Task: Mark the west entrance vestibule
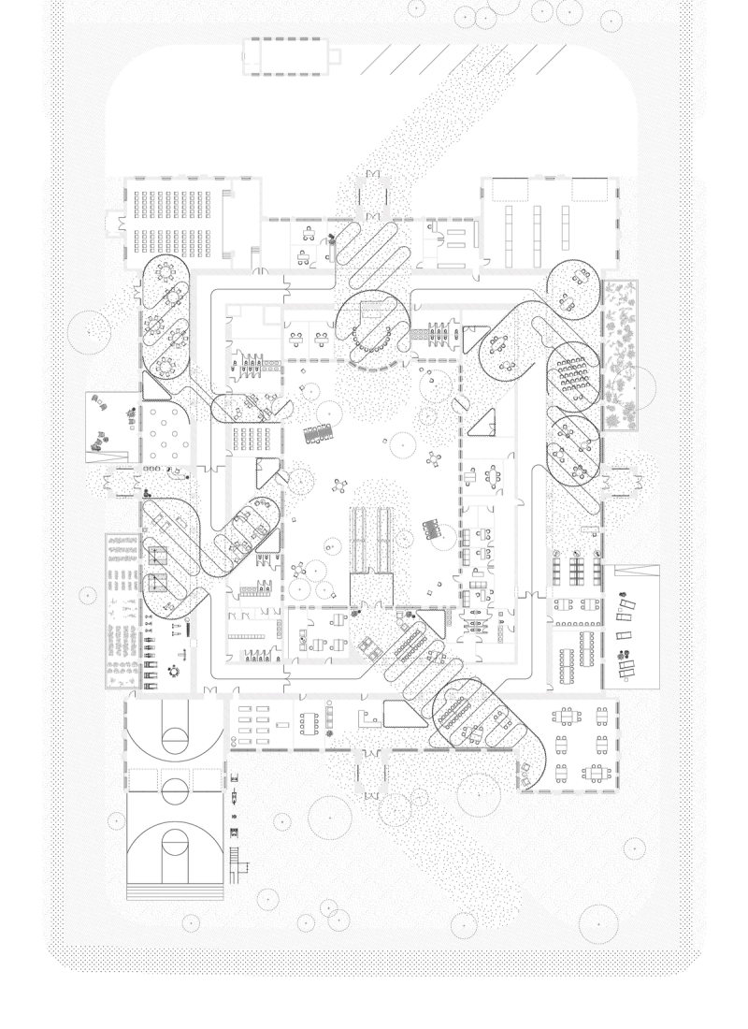point(122,480)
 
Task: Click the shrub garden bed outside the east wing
point(621,355)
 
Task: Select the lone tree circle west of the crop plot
point(87,593)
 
